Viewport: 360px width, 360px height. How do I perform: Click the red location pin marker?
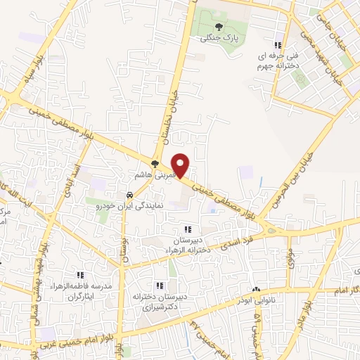pos(181,165)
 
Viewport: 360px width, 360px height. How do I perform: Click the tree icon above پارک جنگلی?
pos(212,27)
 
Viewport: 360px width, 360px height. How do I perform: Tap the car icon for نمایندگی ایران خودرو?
pos(129,195)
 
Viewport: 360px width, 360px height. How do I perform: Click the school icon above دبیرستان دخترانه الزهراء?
pos(187,229)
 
